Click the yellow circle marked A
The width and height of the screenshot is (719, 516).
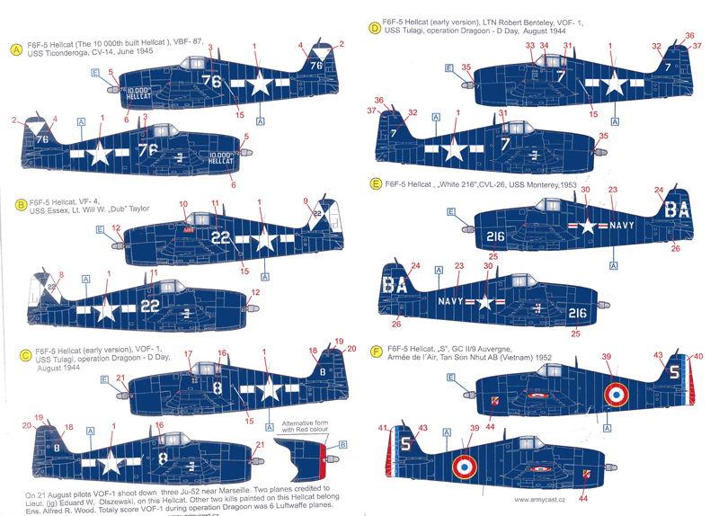coord(15,49)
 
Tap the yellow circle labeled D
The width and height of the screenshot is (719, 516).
coord(374,28)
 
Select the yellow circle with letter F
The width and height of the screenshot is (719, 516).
coord(374,347)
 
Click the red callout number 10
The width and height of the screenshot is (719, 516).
coord(183,204)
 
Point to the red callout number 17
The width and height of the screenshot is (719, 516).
coord(188,354)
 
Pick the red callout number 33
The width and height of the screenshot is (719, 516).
coord(529,46)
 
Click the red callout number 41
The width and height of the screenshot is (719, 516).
coord(382,429)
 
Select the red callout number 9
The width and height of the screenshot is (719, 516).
coord(306,200)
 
